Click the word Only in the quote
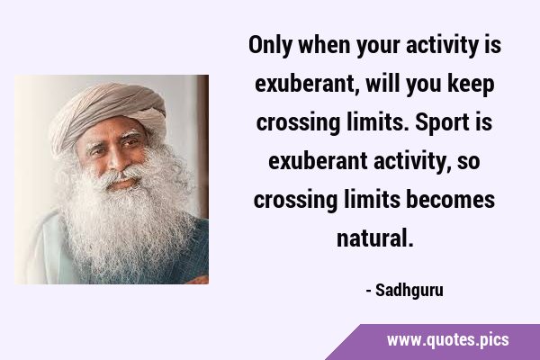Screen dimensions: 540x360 tap(270, 45)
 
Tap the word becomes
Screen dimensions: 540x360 tap(451, 200)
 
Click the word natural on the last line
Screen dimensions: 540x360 tap(375, 238)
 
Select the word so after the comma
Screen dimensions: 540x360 tap(468, 163)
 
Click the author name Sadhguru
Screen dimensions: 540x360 tap(409, 291)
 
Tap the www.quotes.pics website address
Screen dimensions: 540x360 tap(447, 340)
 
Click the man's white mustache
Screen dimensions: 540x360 tap(121, 175)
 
